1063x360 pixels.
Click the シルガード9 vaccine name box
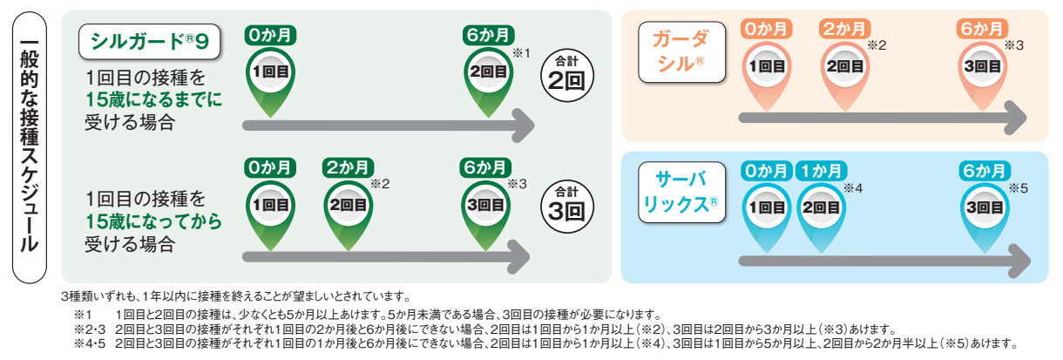150,42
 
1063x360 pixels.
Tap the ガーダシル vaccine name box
681,52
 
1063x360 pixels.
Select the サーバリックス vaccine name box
681,193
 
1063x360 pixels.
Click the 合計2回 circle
567,76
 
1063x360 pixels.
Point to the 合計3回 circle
567,207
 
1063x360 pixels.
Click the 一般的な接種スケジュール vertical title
30,147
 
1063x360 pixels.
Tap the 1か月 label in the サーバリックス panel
822,171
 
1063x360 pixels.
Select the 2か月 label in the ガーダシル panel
844,29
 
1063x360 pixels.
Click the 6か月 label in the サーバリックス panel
985,171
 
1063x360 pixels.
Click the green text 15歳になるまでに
153,99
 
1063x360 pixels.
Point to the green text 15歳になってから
153,221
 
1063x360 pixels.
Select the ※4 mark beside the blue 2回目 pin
853,188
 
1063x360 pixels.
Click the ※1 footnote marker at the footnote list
82,315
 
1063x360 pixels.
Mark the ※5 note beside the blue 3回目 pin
1019,188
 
